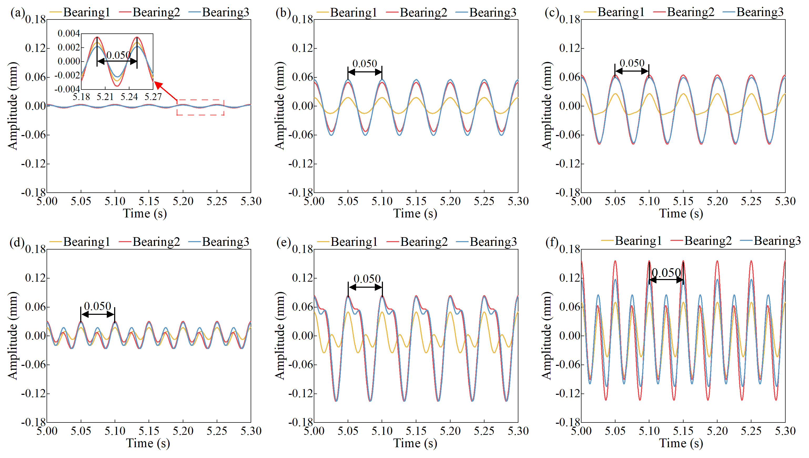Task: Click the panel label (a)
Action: (17, 13)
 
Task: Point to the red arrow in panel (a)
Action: (166, 91)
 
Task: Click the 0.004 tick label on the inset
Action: (69, 33)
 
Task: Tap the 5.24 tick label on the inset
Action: (129, 97)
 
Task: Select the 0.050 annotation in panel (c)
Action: (632, 63)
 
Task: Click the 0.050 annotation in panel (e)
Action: (367, 279)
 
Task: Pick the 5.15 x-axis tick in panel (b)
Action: (416, 201)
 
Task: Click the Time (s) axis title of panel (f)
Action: (681, 443)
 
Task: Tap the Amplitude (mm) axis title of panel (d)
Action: (13, 335)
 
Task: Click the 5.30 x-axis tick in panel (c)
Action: (785, 201)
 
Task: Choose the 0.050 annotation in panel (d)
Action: (97, 306)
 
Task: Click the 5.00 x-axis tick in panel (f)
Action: (581, 431)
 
